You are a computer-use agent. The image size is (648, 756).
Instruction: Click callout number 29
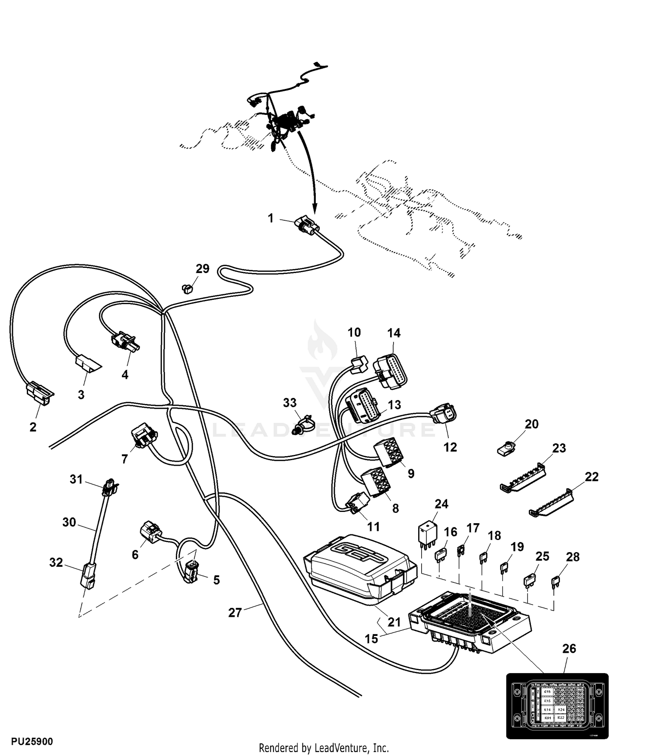202,269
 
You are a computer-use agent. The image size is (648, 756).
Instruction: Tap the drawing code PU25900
32,741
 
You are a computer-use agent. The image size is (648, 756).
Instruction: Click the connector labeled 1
305,226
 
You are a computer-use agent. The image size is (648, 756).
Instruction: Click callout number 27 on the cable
235,612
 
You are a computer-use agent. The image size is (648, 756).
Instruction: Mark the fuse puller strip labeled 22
552,503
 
